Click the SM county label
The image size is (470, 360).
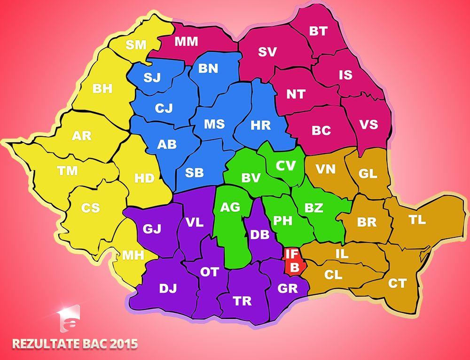coord(136,45)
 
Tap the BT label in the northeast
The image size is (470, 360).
coord(318,31)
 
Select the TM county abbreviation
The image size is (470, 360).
coord(68,171)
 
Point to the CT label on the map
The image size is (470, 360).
coord(397,283)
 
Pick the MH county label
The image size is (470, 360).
coord(133,256)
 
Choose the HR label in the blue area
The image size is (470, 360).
coord(261,125)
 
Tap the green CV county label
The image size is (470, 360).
coord(286,166)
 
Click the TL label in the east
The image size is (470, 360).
coord(417,219)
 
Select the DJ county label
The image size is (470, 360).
coord(168,289)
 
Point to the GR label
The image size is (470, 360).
coord(288,288)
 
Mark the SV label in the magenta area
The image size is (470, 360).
coord(267,52)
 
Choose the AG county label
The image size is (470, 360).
coord(230,207)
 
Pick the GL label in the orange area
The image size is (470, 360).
coord(368,173)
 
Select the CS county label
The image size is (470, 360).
coord(90,208)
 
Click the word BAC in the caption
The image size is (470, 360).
coord(94,344)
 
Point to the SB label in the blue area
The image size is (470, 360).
coord(194,172)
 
